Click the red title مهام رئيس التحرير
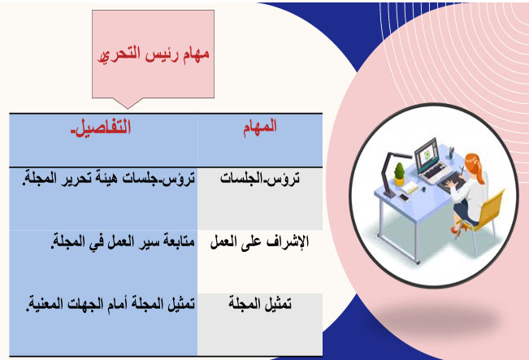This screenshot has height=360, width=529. click(154, 54)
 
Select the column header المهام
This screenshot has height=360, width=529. click(260, 127)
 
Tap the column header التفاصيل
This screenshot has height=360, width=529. click(101, 128)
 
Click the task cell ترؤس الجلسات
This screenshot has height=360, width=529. click(260, 178)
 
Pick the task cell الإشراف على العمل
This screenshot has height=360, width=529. click(259, 242)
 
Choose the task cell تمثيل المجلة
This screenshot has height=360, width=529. click(260, 304)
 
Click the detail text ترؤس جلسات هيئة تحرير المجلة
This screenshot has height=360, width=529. click(109, 178)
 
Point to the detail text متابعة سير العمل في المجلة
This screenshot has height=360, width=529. click(123, 241)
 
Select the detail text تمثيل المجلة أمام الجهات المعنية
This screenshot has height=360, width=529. click(111, 304)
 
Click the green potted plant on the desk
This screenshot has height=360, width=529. click(399, 174)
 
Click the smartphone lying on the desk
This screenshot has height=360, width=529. click(404, 197)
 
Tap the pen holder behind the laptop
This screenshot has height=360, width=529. click(451, 153)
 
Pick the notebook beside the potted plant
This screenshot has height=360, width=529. click(410, 188)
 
